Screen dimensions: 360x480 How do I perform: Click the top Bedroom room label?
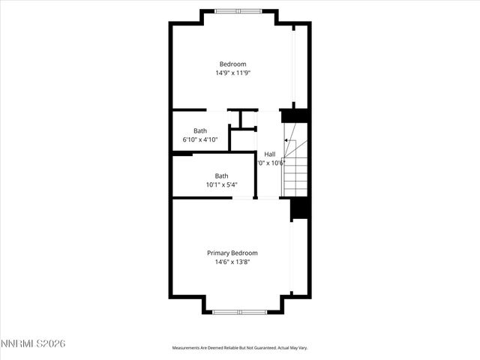pos(232,64)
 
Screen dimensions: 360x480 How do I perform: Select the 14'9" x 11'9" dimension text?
pos(232,73)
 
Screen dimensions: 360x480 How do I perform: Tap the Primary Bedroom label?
pos(232,253)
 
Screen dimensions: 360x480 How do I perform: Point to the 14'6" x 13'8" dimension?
pos(232,262)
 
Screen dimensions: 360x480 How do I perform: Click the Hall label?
pos(269,154)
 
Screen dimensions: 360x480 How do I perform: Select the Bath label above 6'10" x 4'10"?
pos(200,130)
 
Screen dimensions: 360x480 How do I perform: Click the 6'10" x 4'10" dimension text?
pos(200,139)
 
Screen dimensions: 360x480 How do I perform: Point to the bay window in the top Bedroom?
pos(238,11)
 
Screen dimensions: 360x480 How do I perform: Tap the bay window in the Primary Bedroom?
pos(239,311)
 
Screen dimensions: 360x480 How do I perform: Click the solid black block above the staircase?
pos(295,116)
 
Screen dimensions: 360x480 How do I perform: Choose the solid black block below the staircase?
pos(300,208)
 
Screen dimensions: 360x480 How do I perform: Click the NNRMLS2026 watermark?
pos(33,343)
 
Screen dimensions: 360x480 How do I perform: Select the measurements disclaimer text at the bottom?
pos(240,348)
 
